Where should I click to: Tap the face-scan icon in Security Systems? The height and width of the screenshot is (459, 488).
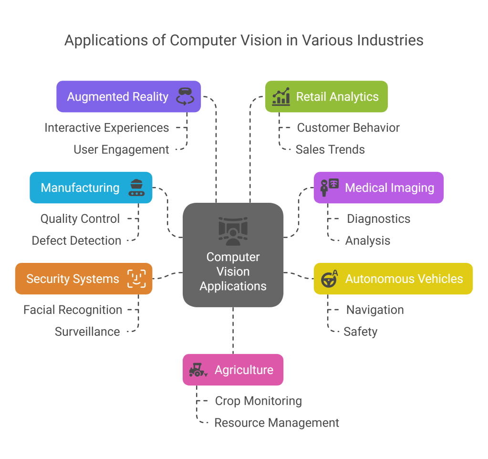[x=136, y=279]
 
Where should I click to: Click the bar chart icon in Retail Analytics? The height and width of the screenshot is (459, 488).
[x=281, y=96]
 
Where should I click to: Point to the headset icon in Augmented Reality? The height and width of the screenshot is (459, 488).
[x=184, y=96]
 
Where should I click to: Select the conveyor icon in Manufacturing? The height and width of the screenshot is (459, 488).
[x=136, y=188]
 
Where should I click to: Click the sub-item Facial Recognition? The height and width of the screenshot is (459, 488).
[x=73, y=310]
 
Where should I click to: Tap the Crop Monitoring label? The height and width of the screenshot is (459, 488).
[x=258, y=401]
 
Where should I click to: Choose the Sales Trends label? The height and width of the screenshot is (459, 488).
[x=330, y=149]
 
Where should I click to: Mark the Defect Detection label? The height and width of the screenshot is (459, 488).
[x=76, y=240]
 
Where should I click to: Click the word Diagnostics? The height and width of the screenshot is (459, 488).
[x=378, y=219]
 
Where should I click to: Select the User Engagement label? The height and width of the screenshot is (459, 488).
[x=121, y=149]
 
